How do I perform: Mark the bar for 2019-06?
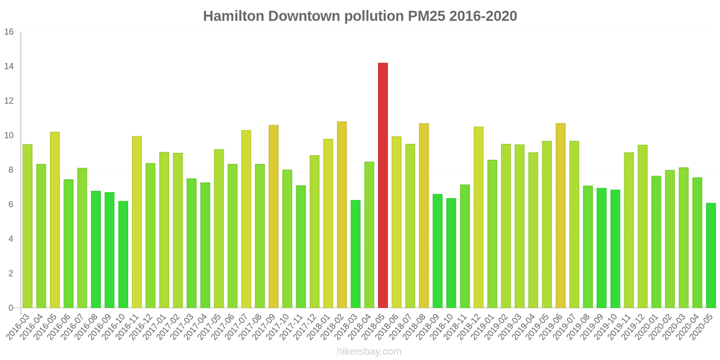pos(561,216)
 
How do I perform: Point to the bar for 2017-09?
pos(274,216)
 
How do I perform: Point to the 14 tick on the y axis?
pos(9,67)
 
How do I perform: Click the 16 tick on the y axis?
pos(9,32)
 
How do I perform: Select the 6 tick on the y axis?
pos(11,205)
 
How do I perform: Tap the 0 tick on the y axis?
pos(11,308)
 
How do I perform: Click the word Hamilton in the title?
pos(234,16)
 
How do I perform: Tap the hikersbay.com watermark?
pos(369,351)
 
